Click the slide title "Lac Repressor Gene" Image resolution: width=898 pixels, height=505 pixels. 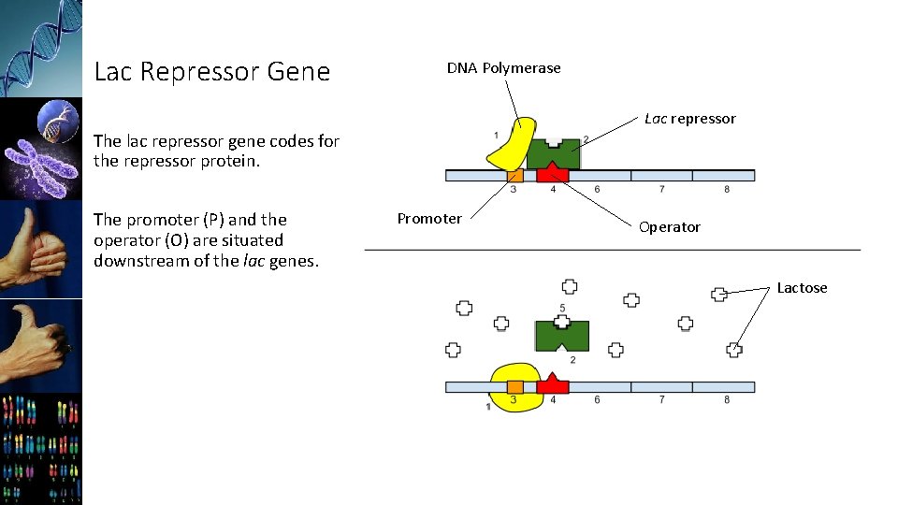point(212,72)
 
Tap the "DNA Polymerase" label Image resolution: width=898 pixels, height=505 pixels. point(503,68)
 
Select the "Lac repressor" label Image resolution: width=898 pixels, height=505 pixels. point(689,119)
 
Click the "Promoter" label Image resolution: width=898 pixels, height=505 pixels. point(429,219)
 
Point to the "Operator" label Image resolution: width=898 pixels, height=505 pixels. point(669,227)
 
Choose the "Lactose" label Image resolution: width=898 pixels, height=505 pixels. point(802,288)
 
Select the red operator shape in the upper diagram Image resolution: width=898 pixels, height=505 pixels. point(553,174)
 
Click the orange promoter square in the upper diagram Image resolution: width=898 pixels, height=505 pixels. point(514,175)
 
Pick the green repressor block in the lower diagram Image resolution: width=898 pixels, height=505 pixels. point(561,335)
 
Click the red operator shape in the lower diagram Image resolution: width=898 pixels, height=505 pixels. point(553,384)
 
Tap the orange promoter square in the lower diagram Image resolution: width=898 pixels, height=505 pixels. point(514,386)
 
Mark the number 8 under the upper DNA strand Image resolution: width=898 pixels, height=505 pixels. point(726,190)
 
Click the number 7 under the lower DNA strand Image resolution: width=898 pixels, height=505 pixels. point(661,400)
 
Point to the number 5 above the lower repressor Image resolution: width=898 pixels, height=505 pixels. point(562,308)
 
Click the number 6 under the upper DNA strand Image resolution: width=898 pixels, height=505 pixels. point(597,190)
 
